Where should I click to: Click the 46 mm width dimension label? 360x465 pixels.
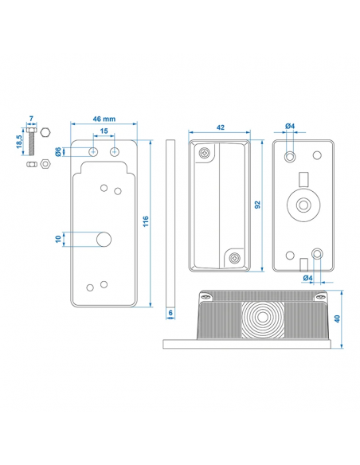(x=104, y=119)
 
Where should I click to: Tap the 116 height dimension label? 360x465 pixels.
(x=146, y=221)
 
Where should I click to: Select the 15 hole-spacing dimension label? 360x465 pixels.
(x=104, y=131)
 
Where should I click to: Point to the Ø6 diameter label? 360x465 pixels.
(x=58, y=151)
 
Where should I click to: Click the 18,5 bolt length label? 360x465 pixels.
(x=19, y=142)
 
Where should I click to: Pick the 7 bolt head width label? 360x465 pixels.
(x=31, y=119)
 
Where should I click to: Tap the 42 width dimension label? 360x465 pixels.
(x=221, y=127)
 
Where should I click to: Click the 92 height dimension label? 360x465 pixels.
(x=257, y=205)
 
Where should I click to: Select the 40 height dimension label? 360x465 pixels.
(x=337, y=318)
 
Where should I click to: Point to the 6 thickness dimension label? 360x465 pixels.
(x=170, y=313)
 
